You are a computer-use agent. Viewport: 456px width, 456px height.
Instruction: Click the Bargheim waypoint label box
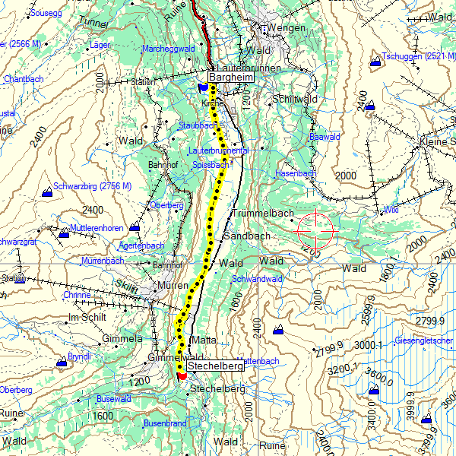click(230, 78)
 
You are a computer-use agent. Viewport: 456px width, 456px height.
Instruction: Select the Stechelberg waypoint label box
click(215, 366)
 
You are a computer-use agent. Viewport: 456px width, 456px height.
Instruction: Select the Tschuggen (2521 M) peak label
click(419, 57)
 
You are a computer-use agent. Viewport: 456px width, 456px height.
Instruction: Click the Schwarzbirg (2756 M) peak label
click(93, 186)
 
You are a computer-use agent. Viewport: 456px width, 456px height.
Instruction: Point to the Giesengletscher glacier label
click(424, 340)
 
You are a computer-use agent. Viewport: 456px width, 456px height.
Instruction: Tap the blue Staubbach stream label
click(198, 125)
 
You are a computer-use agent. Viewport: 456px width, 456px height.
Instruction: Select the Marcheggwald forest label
click(169, 49)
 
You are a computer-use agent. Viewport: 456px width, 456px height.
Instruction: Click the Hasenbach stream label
click(295, 174)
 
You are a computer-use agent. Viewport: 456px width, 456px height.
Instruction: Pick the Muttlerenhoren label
click(96, 228)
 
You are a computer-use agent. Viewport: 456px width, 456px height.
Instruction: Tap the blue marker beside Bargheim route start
click(202, 88)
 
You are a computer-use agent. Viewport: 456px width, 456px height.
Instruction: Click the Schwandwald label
click(258, 279)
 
